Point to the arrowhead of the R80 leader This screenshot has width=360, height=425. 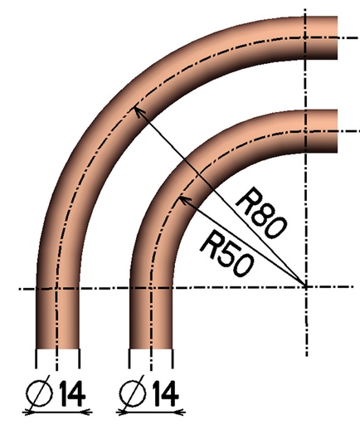click(135, 108)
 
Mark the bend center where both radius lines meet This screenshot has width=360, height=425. click(307, 287)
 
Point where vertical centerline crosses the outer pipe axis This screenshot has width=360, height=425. click(307, 37)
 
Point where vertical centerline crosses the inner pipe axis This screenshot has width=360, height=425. click(307, 131)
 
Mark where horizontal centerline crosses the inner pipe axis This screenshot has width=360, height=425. click(151, 288)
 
